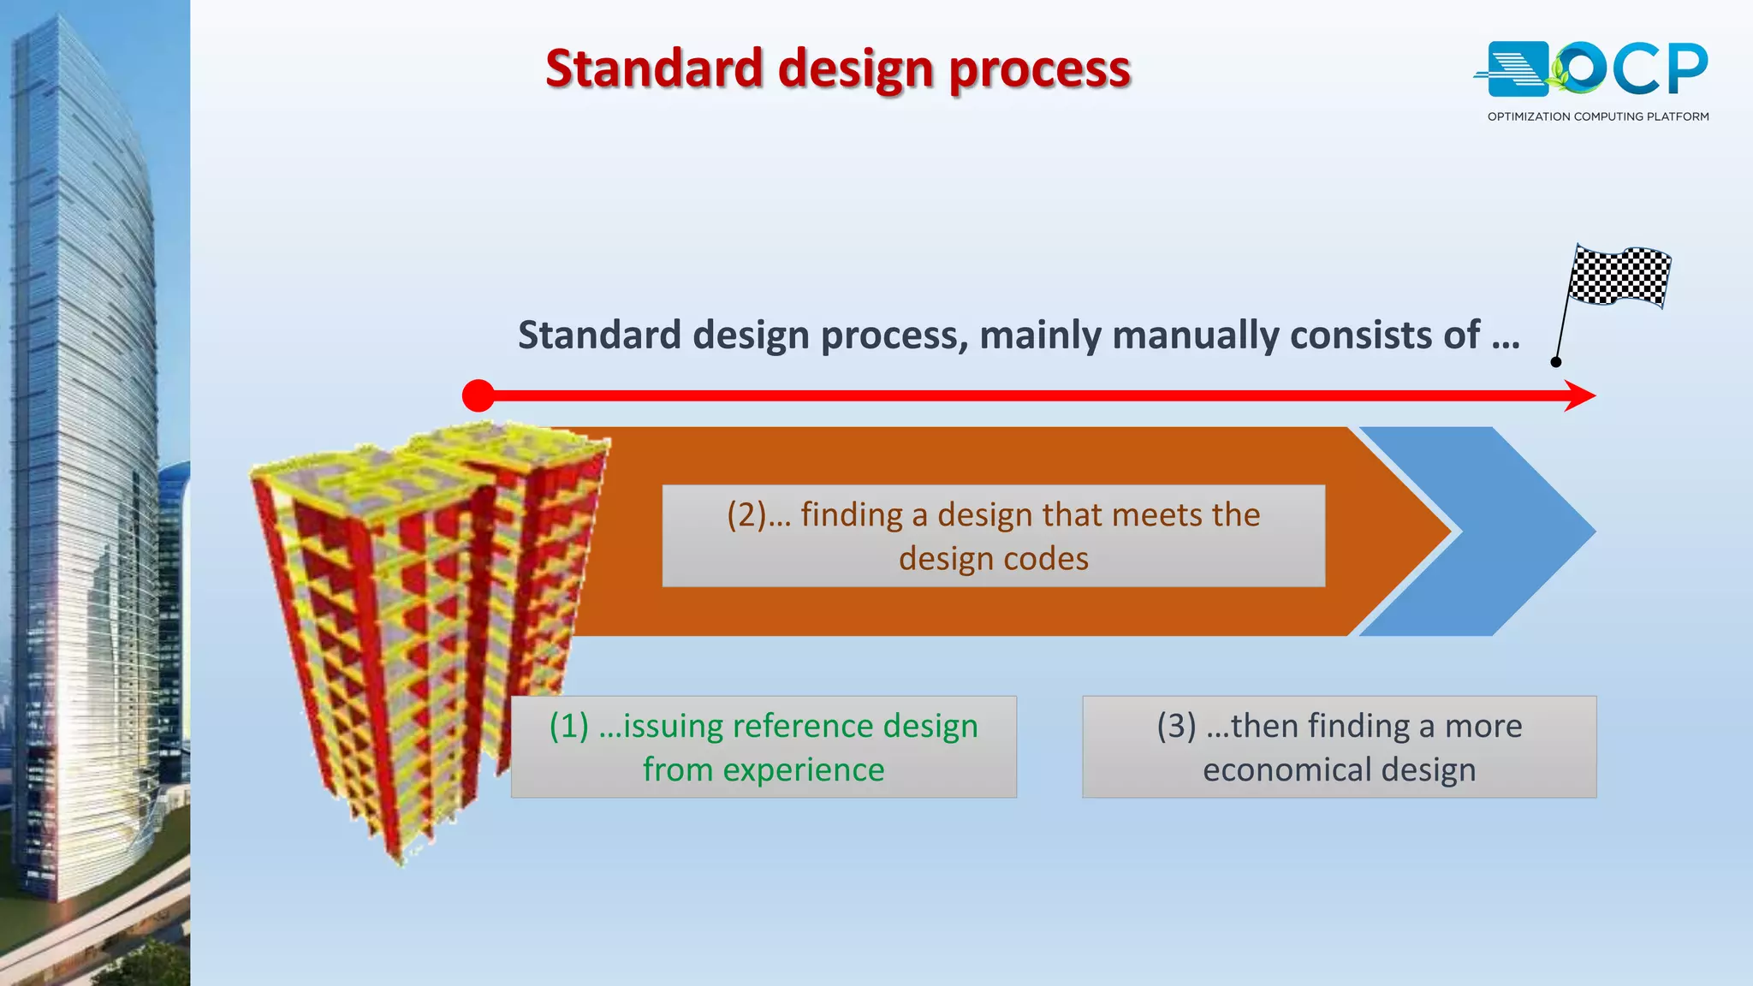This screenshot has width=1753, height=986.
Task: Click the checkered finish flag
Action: tap(1619, 276)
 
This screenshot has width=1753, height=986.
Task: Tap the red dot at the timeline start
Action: tap(478, 395)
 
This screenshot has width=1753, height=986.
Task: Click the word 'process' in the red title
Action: tap(1040, 68)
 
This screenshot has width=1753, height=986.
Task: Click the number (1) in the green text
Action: tap(569, 726)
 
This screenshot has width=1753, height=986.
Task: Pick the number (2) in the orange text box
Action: tap(746, 515)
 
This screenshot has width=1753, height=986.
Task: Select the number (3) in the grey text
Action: tap(1176, 726)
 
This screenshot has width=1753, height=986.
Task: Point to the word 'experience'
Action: tap(803, 770)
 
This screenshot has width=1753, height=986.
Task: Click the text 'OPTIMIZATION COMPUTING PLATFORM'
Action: tap(1598, 116)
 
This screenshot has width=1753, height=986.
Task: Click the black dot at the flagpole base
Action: tap(1556, 362)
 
